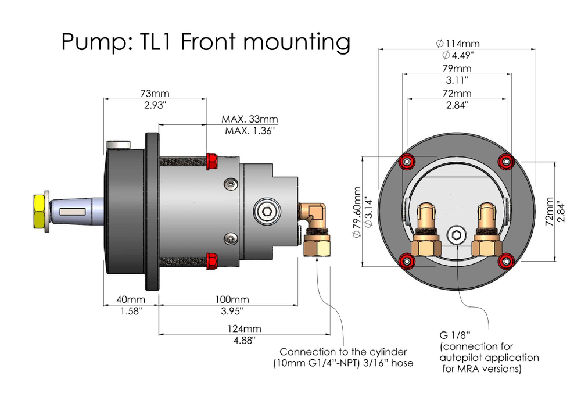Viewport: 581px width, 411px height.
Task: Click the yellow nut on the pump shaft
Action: tap(41, 211)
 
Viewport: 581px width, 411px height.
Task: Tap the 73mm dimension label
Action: tap(155, 94)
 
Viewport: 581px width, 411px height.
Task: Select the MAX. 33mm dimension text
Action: tap(249, 119)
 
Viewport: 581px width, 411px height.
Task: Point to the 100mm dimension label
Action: tap(232, 299)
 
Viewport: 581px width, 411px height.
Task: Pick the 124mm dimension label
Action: tap(245, 328)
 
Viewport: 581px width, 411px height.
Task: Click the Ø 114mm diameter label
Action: tap(457, 43)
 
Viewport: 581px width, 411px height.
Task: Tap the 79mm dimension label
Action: tap(457, 69)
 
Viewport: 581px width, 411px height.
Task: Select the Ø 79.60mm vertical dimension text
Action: tap(356, 212)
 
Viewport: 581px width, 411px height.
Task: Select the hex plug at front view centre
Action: tap(457, 236)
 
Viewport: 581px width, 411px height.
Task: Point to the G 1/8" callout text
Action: tap(454, 336)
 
